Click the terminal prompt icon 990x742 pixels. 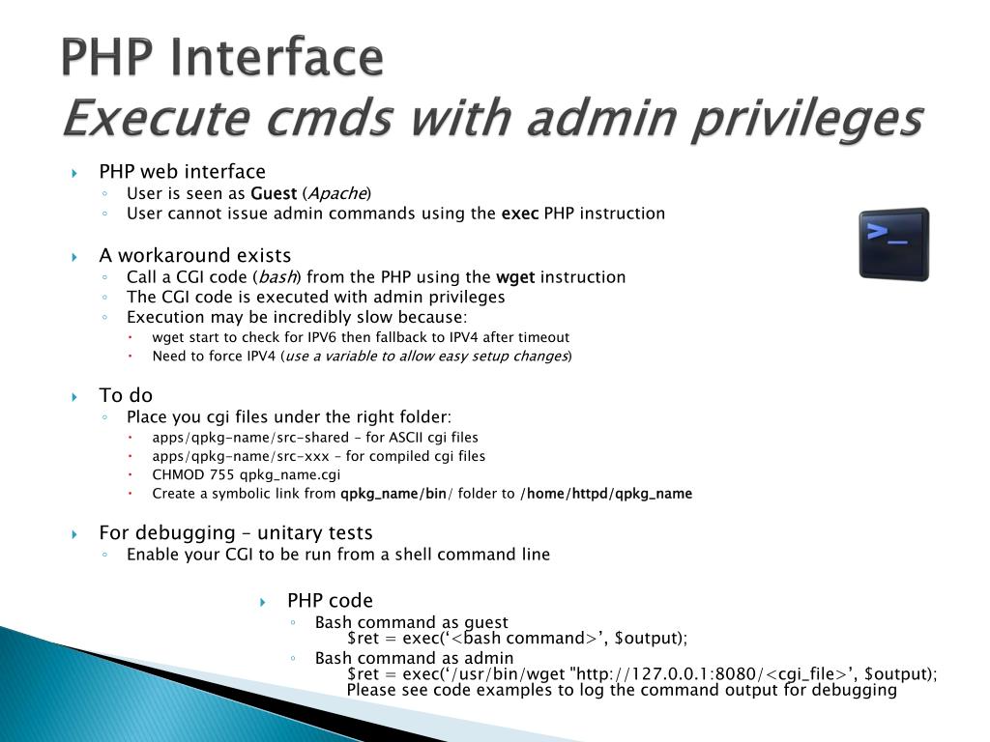click(x=894, y=244)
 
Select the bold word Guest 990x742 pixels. click(x=274, y=193)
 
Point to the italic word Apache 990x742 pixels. click(x=336, y=193)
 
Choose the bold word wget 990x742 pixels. click(x=515, y=277)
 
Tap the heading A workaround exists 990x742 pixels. click(x=194, y=255)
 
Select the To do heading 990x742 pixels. click(x=126, y=394)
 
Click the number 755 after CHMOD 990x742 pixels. click(x=221, y=474)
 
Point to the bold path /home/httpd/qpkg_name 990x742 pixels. click(x=606, y=494)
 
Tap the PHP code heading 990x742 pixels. click(x=330, y=600)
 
